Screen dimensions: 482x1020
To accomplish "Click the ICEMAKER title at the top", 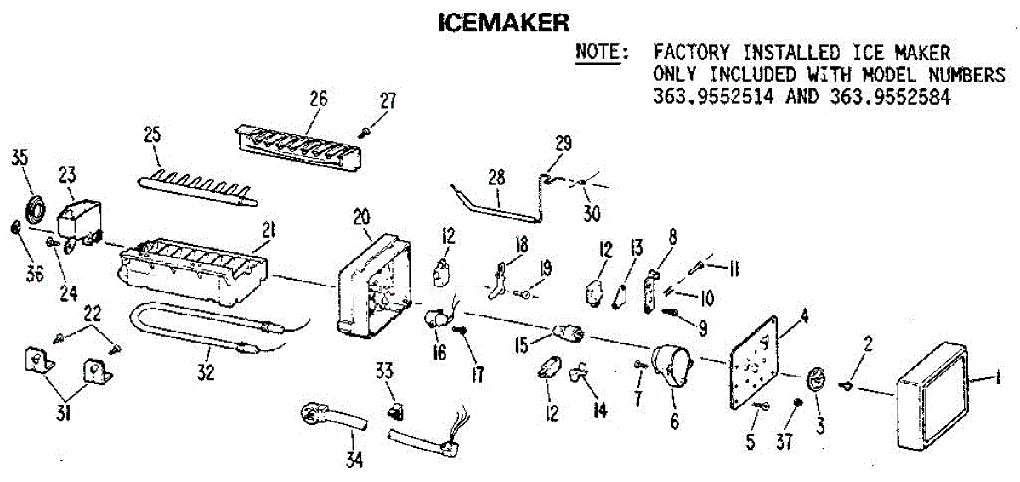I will pyautogui.click(x=503, y=21).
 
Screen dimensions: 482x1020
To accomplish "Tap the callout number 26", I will pyautogui.click(x=318, y=98).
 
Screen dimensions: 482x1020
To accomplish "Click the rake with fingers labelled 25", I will pyautogui.click(x=195, y=188).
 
